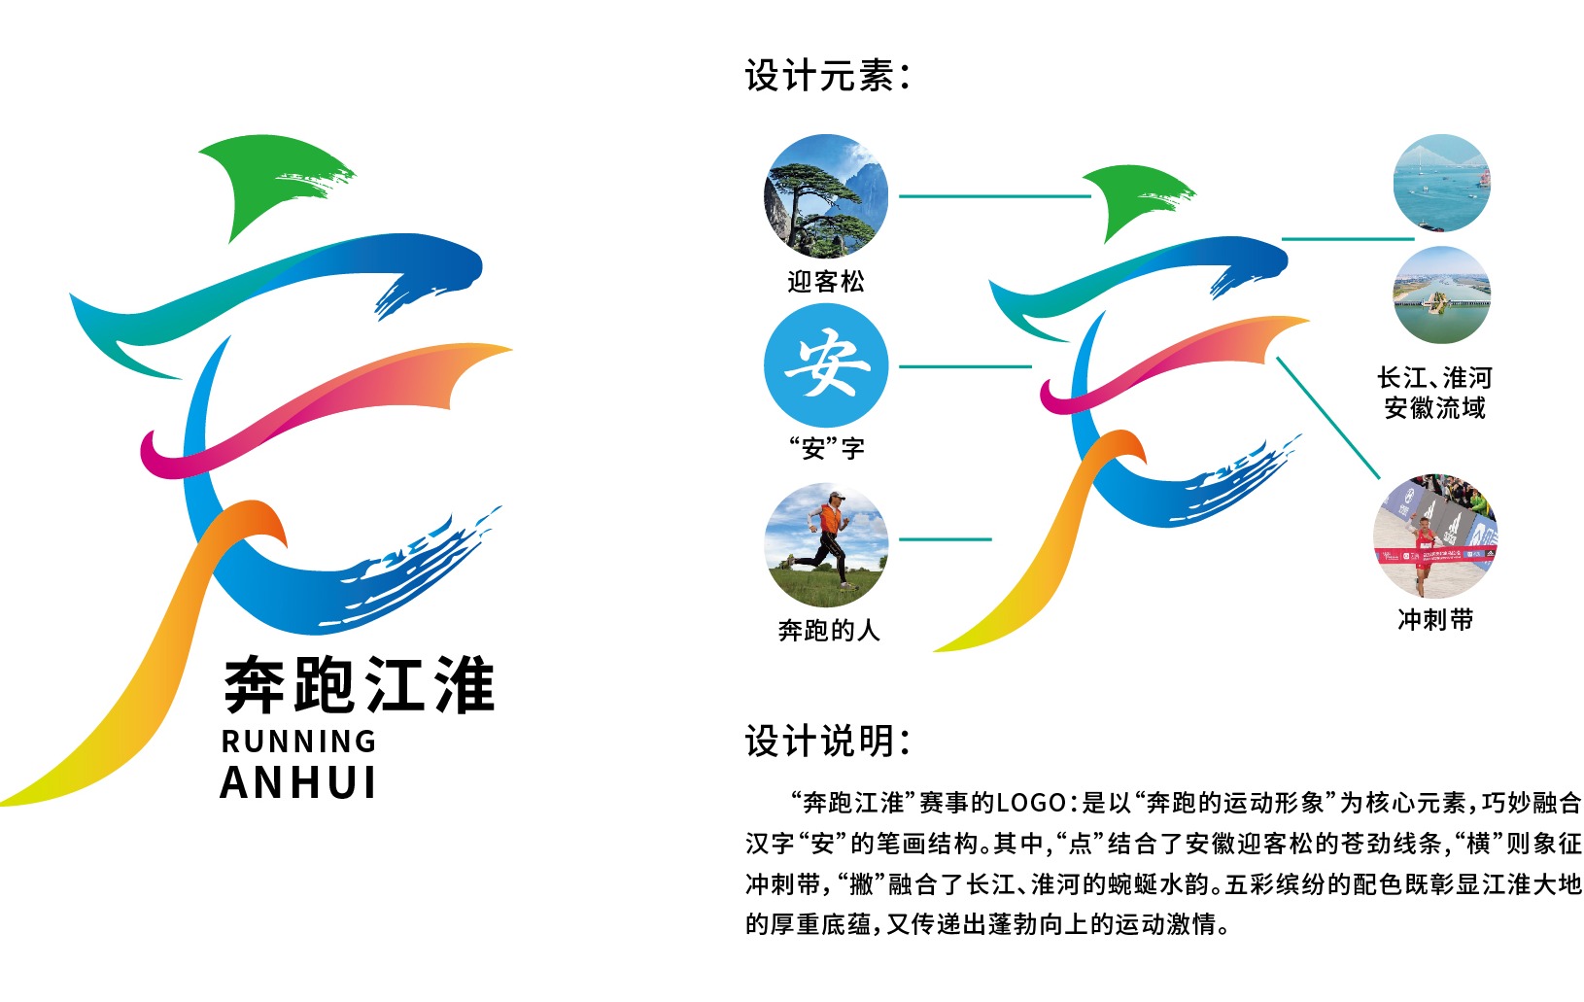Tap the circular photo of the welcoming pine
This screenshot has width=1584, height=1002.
click(x=826, y=196)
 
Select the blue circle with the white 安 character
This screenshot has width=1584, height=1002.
click(x=826, y=365)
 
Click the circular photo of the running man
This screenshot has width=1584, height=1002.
click(x=826, y=544)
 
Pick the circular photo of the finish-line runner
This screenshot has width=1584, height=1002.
click(x=1434, y=536)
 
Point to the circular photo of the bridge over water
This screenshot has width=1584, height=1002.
click(x=1442, y=183)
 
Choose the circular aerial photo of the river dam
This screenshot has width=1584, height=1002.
click(x=1442, y=294)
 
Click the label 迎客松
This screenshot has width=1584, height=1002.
click(x=826, y=282)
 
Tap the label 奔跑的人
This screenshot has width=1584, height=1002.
click(x=829, y=630)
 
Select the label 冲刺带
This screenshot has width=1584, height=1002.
click(x=1435, y=619)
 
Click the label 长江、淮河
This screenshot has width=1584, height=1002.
click(x=1434, y=378)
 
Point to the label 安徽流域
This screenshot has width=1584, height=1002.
click(x=1434, y=408)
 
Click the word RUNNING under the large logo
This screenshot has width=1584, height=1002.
click(x=298, y=742)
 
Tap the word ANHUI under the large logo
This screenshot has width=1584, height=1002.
click(x=298, y=782)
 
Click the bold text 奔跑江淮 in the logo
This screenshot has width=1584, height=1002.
click(x=360, y=684)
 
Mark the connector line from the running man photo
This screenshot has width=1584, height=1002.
click(x=945, y=539)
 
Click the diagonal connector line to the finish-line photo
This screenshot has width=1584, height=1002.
click(x=1328, y=417)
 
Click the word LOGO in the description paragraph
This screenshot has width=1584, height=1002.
click(x=1031, y=804)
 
